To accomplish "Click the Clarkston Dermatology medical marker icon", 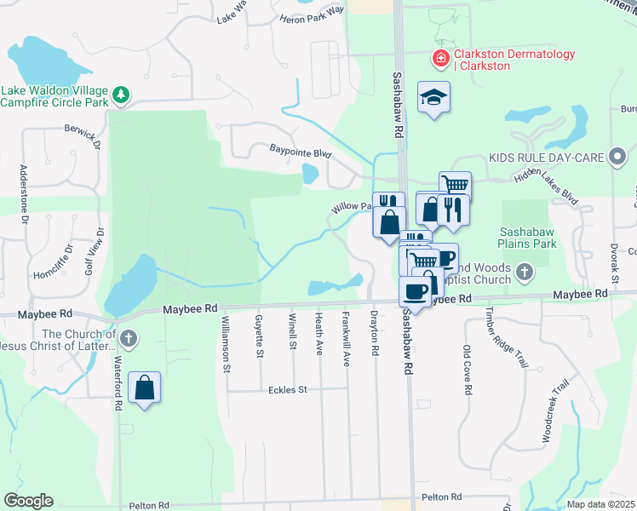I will (x=440, y=59).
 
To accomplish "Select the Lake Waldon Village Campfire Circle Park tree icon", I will (x=121, y=94).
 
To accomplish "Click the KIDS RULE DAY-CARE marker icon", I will (x=618, y=158).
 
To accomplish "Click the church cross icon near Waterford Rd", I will (x=129, y=339).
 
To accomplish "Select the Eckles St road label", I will (x=284, y=389).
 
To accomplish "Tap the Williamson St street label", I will (x=227, y=344).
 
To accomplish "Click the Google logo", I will (x=28, y=501).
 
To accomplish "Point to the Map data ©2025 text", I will (x=600, y=504).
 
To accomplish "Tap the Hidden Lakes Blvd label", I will (x=545, y=186).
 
